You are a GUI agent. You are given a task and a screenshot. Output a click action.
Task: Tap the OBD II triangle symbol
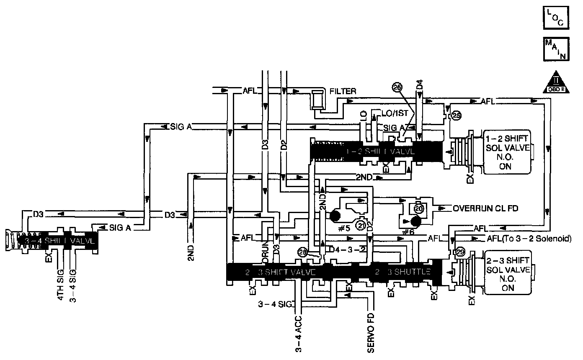(556, 82)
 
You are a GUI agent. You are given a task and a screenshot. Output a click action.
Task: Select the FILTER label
(343, 91)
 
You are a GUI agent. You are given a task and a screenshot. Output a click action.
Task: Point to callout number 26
(397, 87)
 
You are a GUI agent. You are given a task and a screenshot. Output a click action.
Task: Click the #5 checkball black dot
(335, 216)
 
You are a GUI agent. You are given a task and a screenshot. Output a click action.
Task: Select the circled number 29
(460, 253)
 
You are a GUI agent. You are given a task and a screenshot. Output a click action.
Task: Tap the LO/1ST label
(389, 113)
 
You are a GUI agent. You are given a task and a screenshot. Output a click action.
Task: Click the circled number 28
(303, 252)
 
